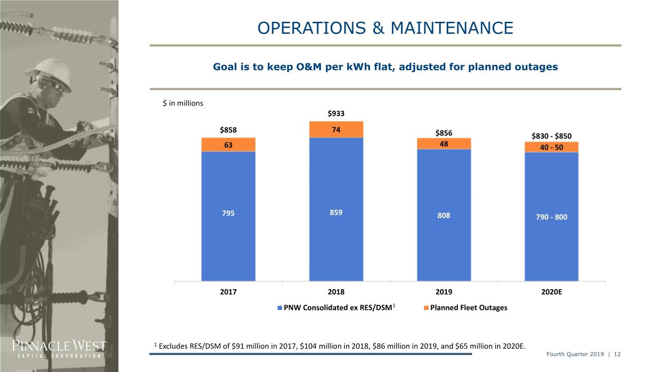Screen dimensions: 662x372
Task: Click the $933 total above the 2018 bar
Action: click(x=336, y=113)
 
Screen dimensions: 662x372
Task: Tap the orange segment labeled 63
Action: click(x=228, y=145)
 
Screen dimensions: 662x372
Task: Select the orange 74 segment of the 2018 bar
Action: click(x=336, y=129)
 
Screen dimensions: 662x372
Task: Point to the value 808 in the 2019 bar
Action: click(x=444, y=216)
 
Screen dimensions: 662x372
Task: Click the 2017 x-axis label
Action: click(x=228, y=292)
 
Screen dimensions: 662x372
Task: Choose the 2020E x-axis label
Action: click(x=551, y=292)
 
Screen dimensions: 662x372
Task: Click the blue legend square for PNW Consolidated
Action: click(x=279, y=308)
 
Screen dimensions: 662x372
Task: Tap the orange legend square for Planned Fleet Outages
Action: click(x=426, y=308)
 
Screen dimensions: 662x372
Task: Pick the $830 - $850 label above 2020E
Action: click(x=551, y=136)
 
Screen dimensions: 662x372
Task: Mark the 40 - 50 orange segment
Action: click(x=551, y=147)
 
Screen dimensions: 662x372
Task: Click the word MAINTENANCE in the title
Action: click(x=452, y=28)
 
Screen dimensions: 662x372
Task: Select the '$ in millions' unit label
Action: click(x=183, y=103)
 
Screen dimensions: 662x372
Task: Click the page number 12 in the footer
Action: click(x=617, y=354)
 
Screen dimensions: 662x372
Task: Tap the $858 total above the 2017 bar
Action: click(x=228, y=130)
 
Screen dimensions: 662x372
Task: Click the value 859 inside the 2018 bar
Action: click(x=336, y=213)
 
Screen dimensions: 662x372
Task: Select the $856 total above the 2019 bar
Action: click(x=444, y=133)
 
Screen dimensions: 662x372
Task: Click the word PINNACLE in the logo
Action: click(x=41, y=345)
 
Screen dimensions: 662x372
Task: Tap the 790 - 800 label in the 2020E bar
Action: click(x=551, y=217)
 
